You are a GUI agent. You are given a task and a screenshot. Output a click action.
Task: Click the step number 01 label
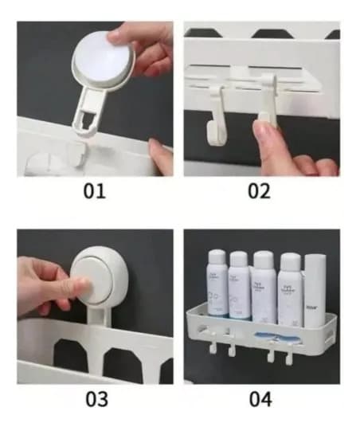[x=95, y=191]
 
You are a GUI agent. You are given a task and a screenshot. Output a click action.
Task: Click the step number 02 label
[x=260, y=191]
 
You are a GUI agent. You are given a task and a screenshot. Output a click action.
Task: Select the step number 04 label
[x=260, y=398]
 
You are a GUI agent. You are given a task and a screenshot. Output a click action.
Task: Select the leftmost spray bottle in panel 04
[x=217, y=283]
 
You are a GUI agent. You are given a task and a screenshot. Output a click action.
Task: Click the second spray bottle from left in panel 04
[x=239, y=284]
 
